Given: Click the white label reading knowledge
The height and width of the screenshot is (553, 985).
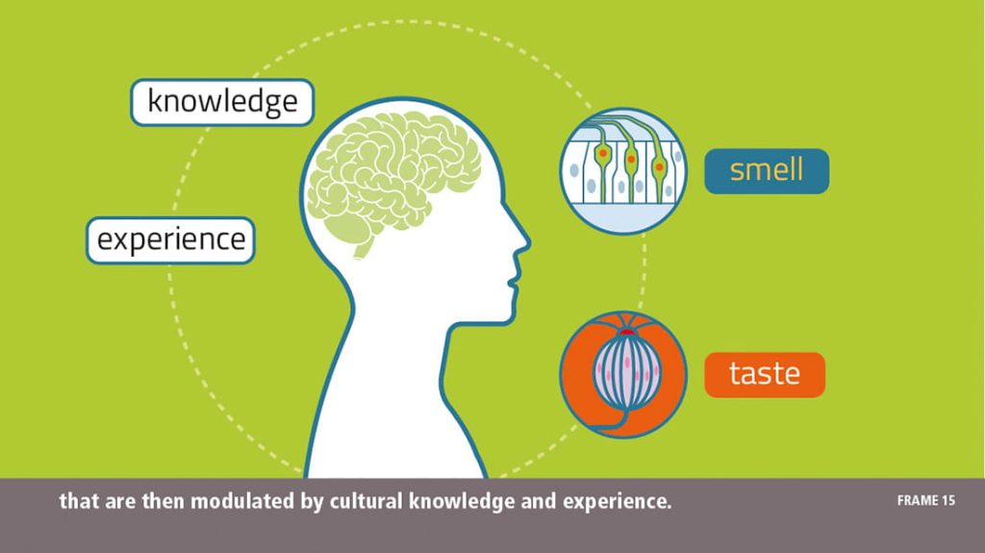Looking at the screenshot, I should point(222,102).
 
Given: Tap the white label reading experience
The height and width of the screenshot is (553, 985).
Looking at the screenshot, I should point(171,239).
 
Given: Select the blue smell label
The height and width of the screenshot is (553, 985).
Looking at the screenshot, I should point(766,170).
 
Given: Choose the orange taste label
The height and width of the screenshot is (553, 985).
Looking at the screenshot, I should point(765,374).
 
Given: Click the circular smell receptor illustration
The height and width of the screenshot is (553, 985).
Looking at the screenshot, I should point(623,170).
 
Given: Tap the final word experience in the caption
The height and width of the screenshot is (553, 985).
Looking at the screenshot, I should point(616,502).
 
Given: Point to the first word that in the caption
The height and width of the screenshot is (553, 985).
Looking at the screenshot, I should point(75,501).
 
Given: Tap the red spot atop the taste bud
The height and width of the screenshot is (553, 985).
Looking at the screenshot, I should point(626,332).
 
